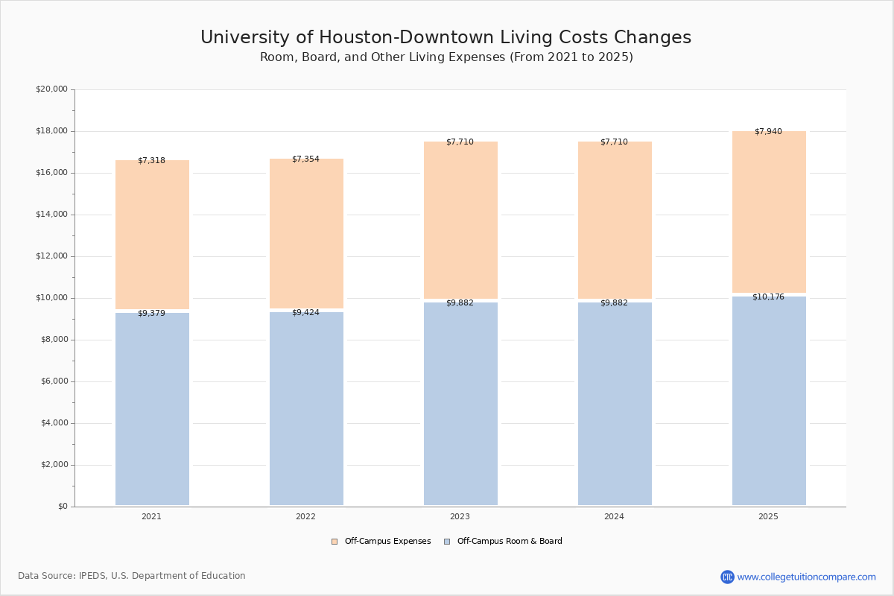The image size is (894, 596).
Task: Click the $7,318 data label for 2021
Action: coord(151,161)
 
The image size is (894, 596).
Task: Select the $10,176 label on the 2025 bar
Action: coord(768,297)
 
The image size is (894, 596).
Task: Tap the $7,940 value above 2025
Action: coord(768,132)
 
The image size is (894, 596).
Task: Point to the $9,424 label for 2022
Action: coord(305,313)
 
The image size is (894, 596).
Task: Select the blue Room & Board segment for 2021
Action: coord(152,410)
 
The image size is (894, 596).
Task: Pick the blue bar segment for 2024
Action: coord(615,406)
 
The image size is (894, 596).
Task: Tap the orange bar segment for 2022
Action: coord(306,235)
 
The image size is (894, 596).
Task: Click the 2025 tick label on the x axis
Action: coord(768,517)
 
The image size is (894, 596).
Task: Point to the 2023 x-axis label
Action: coord(460,517)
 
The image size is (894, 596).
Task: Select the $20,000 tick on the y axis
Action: coord(51,89)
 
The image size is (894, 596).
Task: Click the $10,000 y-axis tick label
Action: coord(51,298)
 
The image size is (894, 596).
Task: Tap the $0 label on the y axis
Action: coord(62,507)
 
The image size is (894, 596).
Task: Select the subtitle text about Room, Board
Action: coord(446,57)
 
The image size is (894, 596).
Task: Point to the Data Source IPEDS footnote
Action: coord(132,576)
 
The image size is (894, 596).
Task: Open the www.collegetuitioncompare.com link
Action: coord(806,577)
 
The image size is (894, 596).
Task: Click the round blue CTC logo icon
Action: coord(727,577)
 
